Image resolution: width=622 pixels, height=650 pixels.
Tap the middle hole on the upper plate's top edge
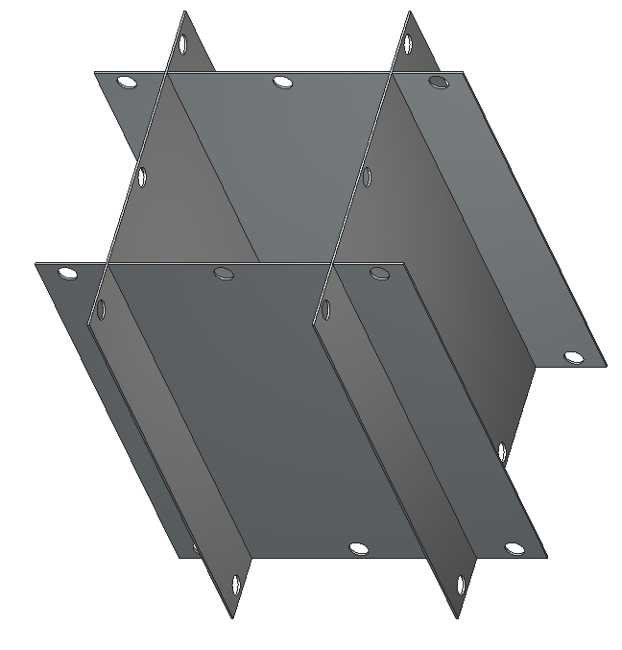point(281,82)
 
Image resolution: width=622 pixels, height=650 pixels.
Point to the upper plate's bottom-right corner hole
point(573,357)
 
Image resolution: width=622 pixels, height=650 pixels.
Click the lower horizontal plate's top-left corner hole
point(67,274)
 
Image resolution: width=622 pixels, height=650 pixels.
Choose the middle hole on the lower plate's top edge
point(223,274)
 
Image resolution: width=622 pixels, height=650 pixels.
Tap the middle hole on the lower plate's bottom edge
point(358,548)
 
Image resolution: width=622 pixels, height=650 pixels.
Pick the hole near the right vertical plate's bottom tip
point(463,583)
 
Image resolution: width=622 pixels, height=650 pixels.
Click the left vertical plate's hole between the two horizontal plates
point(142,177)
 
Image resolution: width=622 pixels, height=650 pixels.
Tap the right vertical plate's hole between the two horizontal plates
point(366,177)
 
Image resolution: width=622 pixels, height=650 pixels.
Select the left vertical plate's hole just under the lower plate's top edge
point(101,309)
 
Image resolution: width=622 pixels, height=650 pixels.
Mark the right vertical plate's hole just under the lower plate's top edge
point(324,309)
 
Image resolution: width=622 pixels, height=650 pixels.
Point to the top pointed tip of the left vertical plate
point(184,12)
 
